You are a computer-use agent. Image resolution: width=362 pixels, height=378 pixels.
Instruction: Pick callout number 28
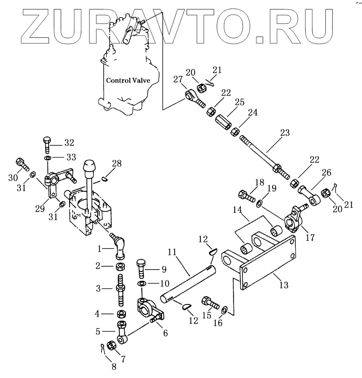click(117, 163)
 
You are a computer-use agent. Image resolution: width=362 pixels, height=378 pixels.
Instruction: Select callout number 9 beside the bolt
click(163, 270)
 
